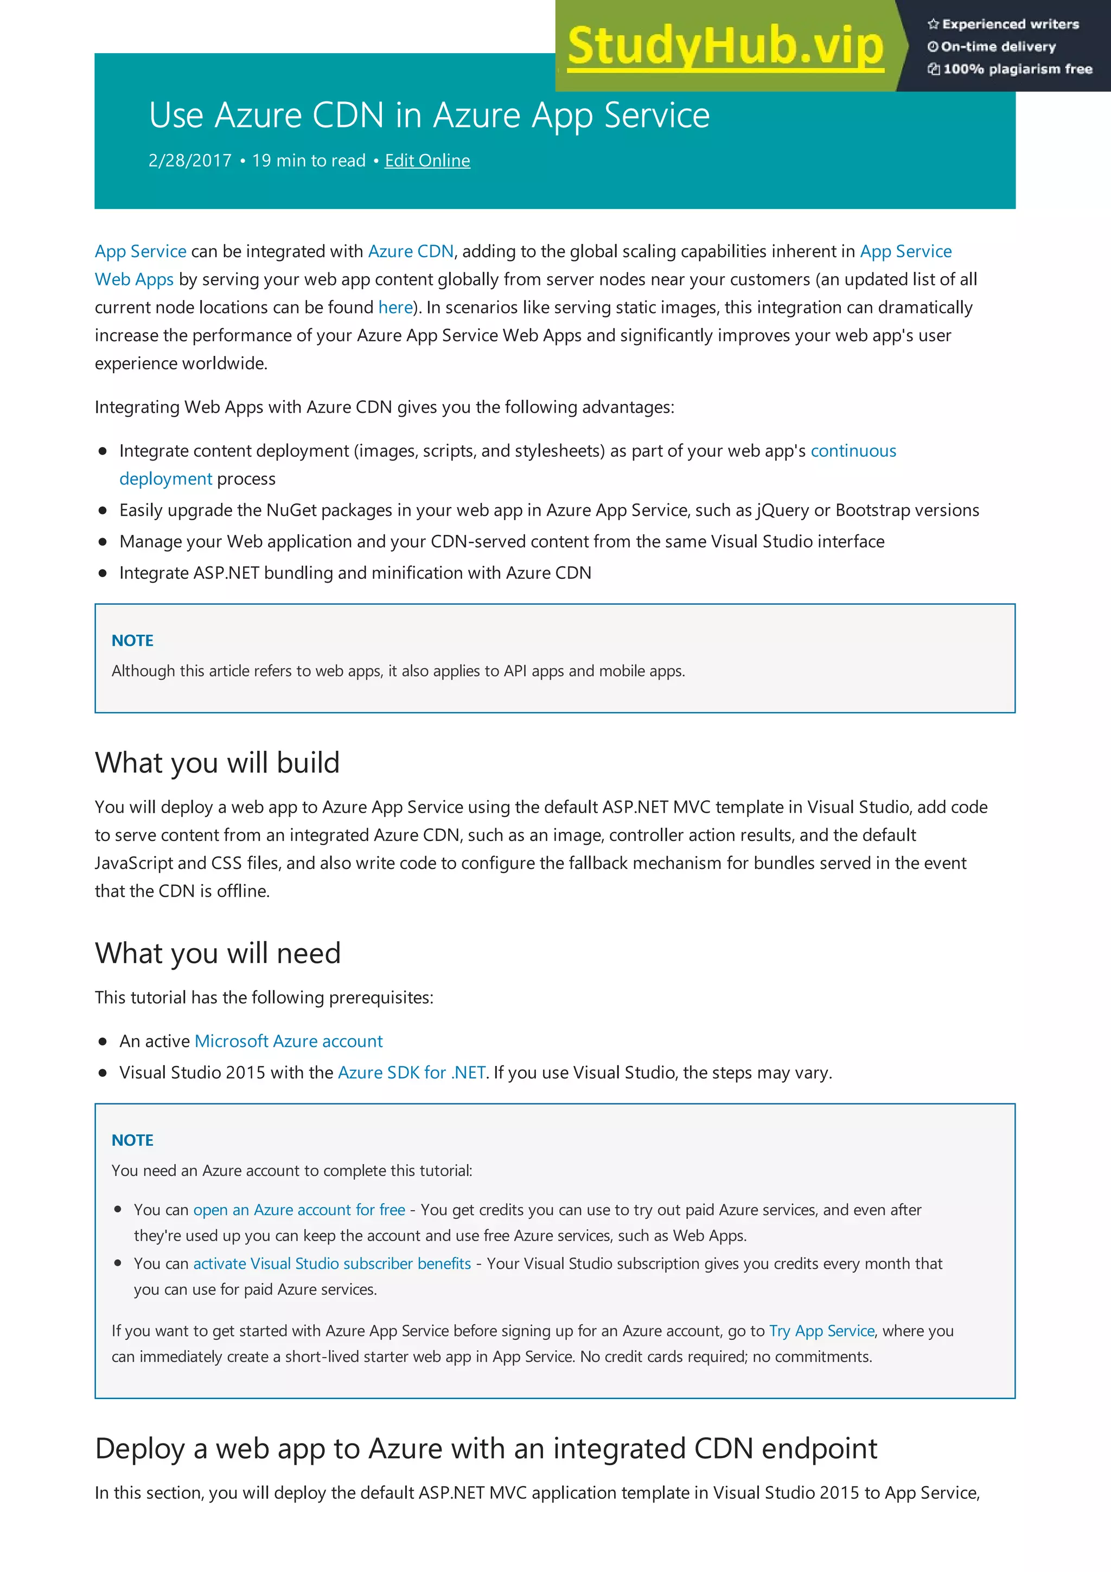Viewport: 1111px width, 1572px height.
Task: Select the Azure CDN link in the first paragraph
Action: click(x=411, y=251)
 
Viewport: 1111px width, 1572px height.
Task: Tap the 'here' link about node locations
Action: click(x=395, y=308)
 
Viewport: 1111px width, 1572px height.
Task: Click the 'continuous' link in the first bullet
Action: click(x=853, y=451)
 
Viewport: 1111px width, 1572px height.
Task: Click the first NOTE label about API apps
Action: click(x=132, y=640)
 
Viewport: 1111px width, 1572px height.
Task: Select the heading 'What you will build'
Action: click(x=217, y=763)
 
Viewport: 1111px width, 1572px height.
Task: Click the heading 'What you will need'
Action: click(x=218, y=953)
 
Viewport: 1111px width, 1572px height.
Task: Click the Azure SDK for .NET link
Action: click(x=411, y=1072)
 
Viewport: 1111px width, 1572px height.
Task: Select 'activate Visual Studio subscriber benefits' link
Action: click(x=332, y=1263)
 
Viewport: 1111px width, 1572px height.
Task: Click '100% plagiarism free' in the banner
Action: click(x=1017, y=68)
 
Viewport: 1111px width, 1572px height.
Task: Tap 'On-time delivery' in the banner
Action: click(x=998, y=47)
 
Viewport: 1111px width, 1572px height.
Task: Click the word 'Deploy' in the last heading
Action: click(x=139, y=1449)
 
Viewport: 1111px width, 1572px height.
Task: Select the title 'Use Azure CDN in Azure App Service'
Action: click(x=429, y=115)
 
